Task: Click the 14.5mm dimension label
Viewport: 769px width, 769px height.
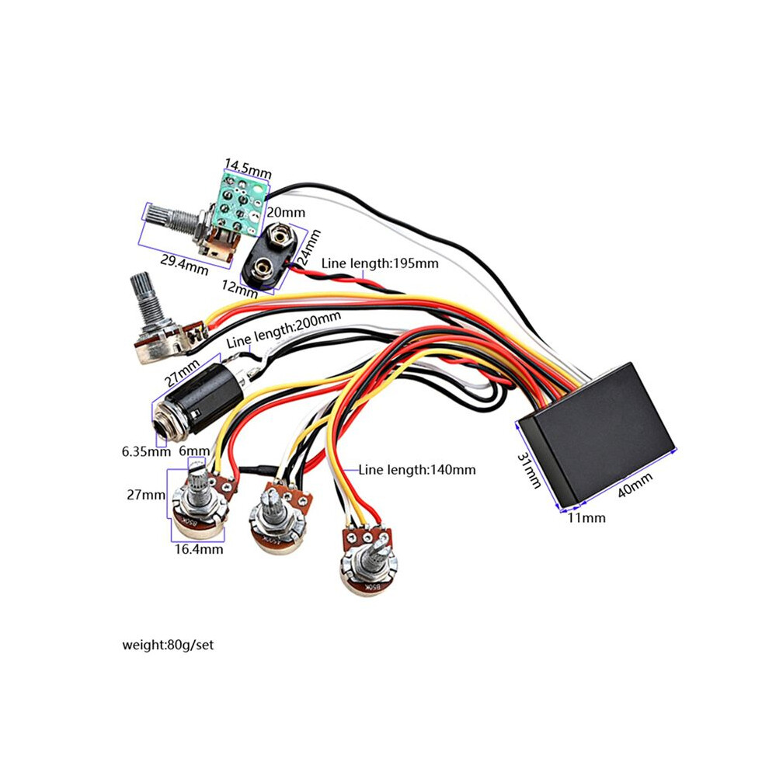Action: pyautogui.click(x=248, y=168)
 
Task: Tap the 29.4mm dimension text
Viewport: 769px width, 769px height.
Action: pyautogui.click(x=184, y=265)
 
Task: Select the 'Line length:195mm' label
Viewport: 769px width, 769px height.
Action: pyautogui.click(x=380, y=263)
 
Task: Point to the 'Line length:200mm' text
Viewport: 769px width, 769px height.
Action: pyautogui.click(x=284, y=329)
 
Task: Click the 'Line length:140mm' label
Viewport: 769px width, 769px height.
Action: pyautogui.click(x=417, y=470)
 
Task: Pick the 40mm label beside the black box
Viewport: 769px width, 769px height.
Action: pyautogui.click(x=635, y=484)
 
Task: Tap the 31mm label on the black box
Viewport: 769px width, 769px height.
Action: pyautogui.click(x=530, y=470)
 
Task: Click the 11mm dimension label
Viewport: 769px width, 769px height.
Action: pyautogui.click(x=586, y=518)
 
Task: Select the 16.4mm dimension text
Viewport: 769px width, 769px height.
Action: pyautogui.click(x=199, y=549)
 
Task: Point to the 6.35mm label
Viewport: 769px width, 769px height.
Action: pyautogui.click(x=146, y=451)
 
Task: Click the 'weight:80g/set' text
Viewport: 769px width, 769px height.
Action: pyautogui.click(x=168, y=645)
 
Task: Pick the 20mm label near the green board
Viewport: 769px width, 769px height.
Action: pyautogui.click(x=286, y=212)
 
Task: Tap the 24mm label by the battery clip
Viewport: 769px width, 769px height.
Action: pyautogui.click(x=309, y=247)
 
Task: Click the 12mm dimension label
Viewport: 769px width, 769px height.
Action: pyautogui.click(x=239, y=288)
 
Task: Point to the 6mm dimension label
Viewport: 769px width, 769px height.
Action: pyautogui.click(x=195, y=451)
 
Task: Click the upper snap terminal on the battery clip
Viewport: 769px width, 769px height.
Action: pyautogui.click(x=280, y=236)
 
